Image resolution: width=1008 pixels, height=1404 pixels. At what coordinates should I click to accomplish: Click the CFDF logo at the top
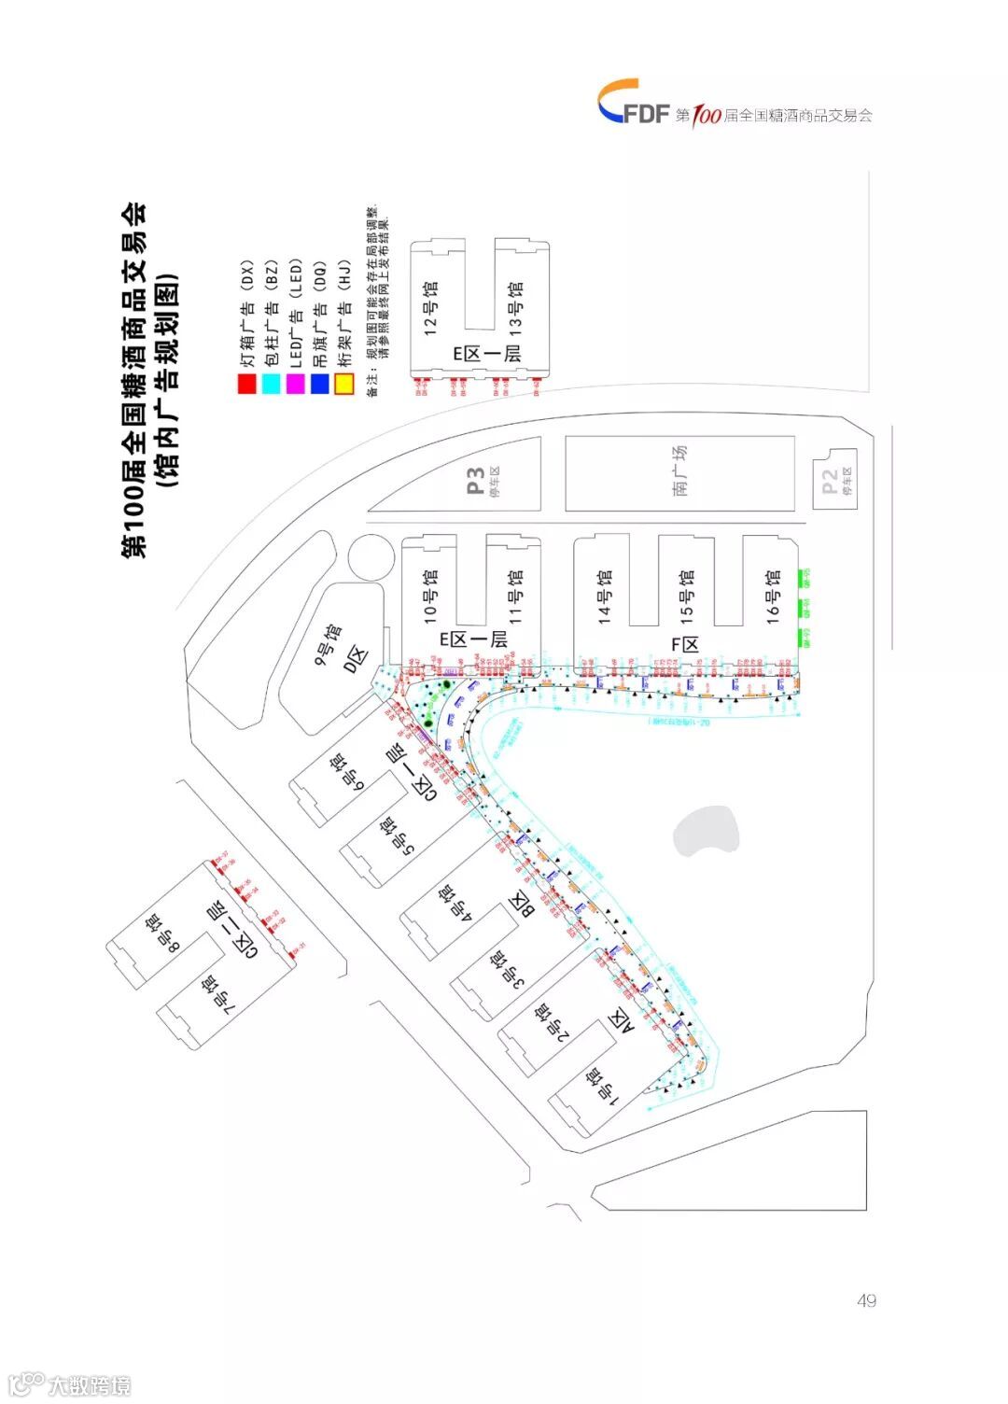[634, 102]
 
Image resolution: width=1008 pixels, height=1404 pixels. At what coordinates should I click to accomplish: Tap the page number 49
[866, 1300]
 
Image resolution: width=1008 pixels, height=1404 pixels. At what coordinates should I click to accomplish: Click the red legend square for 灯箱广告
[246, 383]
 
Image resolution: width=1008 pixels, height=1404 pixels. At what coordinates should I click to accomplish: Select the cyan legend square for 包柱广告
[271, 383]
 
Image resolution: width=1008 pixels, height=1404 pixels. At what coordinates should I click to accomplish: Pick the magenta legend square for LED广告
[296, 383]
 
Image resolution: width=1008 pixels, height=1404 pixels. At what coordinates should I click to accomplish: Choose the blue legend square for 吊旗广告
[320, 383]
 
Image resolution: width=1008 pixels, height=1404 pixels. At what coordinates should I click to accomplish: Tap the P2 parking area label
[830, 483]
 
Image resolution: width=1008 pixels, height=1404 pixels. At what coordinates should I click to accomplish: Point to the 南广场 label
[679, 470]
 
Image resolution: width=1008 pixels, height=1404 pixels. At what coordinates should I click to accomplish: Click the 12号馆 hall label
[430, 308]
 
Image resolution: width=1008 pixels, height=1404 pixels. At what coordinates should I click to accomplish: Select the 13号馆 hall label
[515, 308]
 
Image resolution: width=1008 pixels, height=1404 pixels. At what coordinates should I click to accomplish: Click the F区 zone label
[686, 645]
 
